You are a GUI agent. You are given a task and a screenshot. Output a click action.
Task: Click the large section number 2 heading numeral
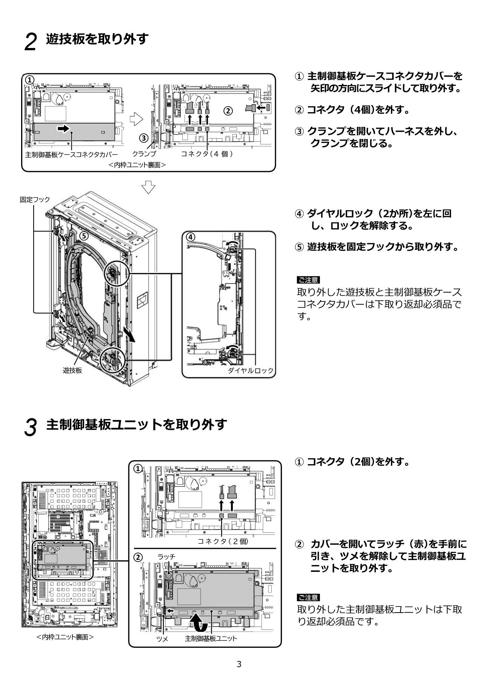tap(31, 42)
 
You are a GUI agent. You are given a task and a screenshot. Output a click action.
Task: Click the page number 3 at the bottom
tap(238, 664)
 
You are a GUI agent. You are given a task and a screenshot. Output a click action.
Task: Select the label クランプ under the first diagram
tap(144, 154)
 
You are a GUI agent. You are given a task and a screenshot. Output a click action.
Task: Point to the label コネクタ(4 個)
tap(206, 154)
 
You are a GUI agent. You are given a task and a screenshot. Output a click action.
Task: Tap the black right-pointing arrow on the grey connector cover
tap(63, 129)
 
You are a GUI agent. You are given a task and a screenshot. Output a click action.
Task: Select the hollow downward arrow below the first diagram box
tap(149, 187)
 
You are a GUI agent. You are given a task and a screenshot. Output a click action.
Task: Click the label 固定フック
tap(35, 199)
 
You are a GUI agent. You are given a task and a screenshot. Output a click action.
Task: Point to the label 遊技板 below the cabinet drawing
tap(72, 370)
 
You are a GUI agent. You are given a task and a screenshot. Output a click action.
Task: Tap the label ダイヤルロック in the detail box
tap(250, 370)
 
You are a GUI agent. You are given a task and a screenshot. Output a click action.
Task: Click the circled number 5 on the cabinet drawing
tap(84, 236)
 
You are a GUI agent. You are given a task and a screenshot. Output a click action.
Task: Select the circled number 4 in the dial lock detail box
tap(191, 237)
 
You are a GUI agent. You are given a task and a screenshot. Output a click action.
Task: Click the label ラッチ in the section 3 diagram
tap(166, 556)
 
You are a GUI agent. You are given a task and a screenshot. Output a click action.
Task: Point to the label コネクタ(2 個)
tap(223, 541)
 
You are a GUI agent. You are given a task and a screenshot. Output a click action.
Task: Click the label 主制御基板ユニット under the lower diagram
tap(211, 639)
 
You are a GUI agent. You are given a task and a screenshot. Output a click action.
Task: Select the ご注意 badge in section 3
tap(308, 597)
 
